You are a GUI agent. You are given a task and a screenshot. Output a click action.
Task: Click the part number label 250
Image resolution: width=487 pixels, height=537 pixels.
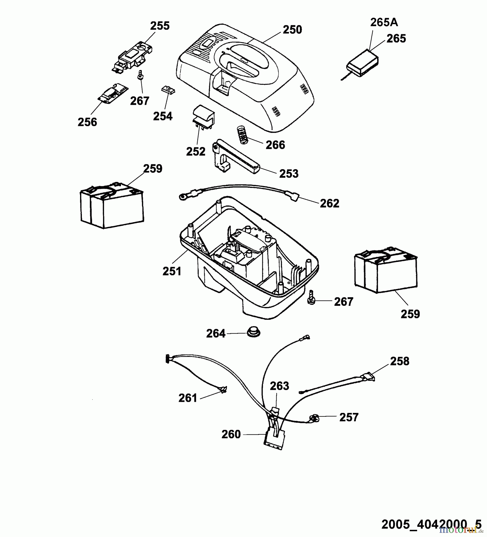coord(292,30)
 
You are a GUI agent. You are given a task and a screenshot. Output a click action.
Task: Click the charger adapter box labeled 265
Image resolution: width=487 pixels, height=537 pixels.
coord(362,64)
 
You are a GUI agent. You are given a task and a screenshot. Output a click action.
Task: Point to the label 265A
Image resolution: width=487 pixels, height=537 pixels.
coord(384,22)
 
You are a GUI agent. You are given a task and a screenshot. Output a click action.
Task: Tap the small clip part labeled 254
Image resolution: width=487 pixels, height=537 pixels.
coord(168,90)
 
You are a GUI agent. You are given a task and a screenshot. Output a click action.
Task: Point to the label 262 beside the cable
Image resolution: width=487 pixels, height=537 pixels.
coord(330,203)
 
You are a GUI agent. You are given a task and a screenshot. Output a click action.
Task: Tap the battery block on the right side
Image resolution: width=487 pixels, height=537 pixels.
coord(386,269)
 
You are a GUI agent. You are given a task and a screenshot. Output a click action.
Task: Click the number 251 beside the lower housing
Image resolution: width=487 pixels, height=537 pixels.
coord(172,271)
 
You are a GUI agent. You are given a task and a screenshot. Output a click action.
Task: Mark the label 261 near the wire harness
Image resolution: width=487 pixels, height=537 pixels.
coord(188,398)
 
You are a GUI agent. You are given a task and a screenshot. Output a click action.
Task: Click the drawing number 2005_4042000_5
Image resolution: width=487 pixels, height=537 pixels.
coord(431,524)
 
